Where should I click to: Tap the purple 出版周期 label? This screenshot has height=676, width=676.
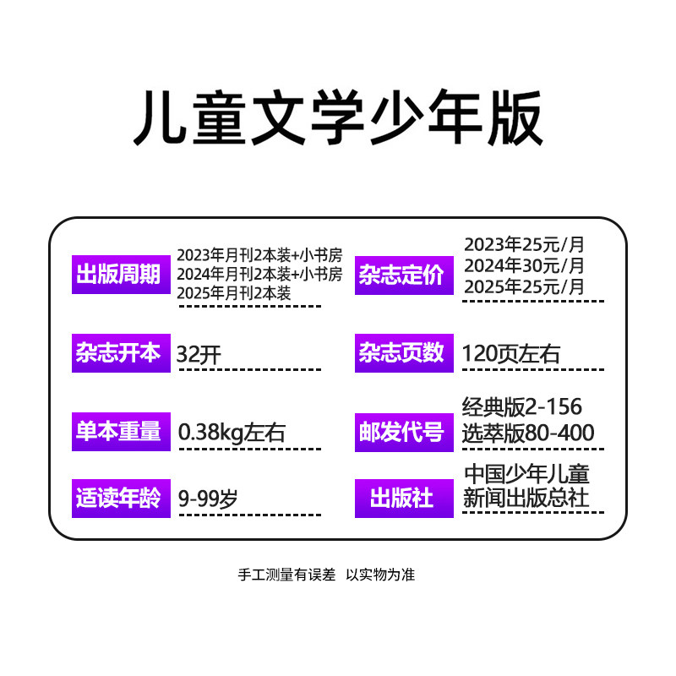(118, 275)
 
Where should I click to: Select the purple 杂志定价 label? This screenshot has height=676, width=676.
(401, 275)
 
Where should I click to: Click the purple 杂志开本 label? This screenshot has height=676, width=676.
(118, 352)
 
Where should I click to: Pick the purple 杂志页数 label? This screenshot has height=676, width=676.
(401, 352)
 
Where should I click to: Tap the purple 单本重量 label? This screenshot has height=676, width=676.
(118, 431)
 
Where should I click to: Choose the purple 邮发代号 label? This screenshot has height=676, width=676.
(401, 432)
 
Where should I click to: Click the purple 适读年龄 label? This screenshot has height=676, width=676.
(118, 498)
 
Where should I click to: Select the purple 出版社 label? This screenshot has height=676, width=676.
(401, 498)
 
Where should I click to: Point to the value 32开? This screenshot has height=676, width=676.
(199, 354)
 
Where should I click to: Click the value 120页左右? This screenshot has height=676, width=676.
(511, 353)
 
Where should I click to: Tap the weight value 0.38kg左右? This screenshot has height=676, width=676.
(232, 433)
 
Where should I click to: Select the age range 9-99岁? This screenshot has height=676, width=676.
(207, 499)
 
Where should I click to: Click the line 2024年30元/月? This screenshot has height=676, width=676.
(524, 265)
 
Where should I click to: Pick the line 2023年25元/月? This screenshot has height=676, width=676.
(524, 245)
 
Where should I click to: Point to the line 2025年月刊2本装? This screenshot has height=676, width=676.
(234, 293)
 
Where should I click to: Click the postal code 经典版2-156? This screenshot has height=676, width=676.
(522, 406)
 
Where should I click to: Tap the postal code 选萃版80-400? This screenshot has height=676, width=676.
(528, 433)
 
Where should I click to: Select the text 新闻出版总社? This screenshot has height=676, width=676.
(526, 499)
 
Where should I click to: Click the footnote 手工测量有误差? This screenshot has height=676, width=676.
(287, 575)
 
